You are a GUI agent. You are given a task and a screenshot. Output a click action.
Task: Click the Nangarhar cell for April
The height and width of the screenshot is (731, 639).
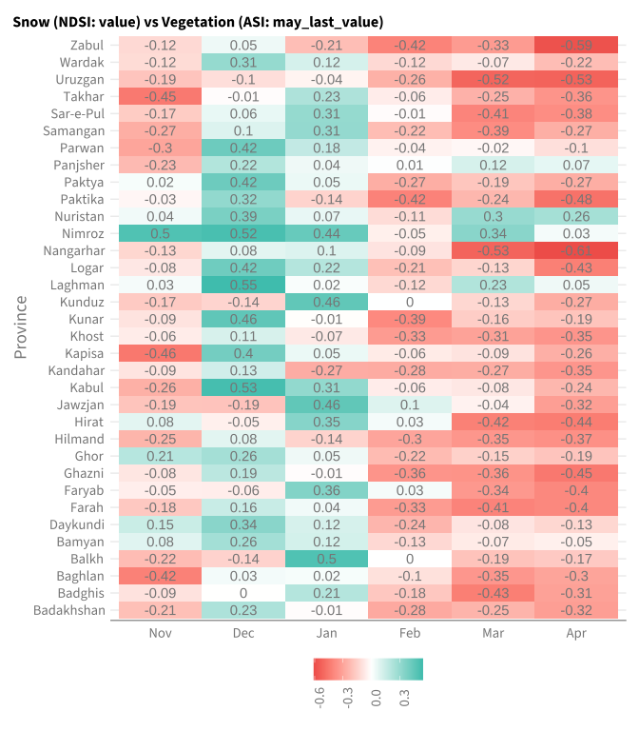576,251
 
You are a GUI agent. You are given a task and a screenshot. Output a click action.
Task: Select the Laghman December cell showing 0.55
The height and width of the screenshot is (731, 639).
243,285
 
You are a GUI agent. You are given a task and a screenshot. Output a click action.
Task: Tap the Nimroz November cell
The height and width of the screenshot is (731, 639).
160,233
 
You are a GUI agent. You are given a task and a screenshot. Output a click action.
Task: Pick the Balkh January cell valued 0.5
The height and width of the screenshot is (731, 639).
326,559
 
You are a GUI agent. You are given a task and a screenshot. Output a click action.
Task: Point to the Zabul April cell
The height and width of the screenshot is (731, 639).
576,46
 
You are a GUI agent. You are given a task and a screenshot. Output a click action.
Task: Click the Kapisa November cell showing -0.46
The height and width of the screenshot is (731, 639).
160,353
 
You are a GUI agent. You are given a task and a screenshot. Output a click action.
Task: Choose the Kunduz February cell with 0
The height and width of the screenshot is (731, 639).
410,302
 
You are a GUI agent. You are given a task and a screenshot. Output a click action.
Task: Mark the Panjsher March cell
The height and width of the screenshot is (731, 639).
493,165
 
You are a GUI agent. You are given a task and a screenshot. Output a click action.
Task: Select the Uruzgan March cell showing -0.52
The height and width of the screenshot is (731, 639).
493,79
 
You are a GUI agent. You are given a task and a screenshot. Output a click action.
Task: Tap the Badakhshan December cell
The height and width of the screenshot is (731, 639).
243,610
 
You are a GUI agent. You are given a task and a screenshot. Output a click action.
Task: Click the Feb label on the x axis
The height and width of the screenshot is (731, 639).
410,633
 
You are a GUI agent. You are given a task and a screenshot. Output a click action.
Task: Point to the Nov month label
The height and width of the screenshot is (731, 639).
160,633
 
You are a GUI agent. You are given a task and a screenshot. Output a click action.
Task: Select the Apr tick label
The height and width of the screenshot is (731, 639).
576,634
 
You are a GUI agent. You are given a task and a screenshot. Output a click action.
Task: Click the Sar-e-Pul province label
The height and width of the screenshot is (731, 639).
78,114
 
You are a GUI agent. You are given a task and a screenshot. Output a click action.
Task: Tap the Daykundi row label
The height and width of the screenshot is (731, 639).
77,525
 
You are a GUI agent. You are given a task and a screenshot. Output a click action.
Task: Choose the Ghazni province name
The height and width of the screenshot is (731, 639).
84,473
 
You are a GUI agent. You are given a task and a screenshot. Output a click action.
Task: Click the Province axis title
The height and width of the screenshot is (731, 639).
21,327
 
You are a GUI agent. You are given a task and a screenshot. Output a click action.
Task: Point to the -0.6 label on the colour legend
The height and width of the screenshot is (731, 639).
319,698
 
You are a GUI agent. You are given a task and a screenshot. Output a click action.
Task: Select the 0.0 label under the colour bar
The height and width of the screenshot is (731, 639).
377,699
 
